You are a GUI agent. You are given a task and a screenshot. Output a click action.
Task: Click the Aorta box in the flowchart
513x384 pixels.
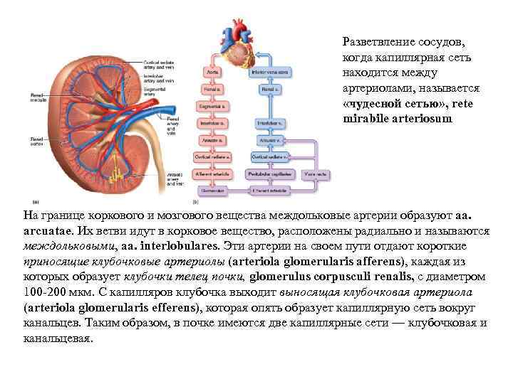(x=212, y=72)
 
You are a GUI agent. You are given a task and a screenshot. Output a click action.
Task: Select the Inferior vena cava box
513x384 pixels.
(x=269, y=72)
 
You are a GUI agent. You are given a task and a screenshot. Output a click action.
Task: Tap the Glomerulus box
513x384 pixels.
(x=212, y=190)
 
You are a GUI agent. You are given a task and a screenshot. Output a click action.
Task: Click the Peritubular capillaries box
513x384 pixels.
(x=269, y=173)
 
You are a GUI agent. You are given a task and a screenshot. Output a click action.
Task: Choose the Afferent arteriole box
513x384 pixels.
(x=212, y=173)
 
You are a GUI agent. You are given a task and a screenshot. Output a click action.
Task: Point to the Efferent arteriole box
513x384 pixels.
(x=269, y=190)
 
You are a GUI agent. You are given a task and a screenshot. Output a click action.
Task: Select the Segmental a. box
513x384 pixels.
(x=212, y=106)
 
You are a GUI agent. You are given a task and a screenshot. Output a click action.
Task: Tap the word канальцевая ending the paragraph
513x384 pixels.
(x=57, y=338)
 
